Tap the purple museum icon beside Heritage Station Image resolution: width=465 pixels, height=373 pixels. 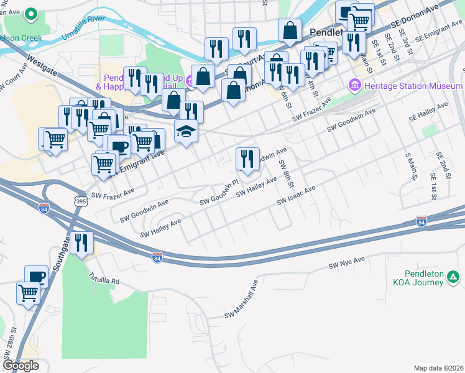(355, 85)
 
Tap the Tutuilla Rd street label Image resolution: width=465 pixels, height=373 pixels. (103, 277)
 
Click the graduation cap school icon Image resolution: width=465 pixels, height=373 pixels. (185, 131)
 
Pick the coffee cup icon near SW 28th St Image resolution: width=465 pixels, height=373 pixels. (36, 275)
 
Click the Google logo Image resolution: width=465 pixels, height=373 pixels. (21, 366)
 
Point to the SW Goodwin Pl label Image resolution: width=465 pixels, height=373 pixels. (219, 192)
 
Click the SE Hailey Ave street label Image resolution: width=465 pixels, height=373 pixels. (428, 113)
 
